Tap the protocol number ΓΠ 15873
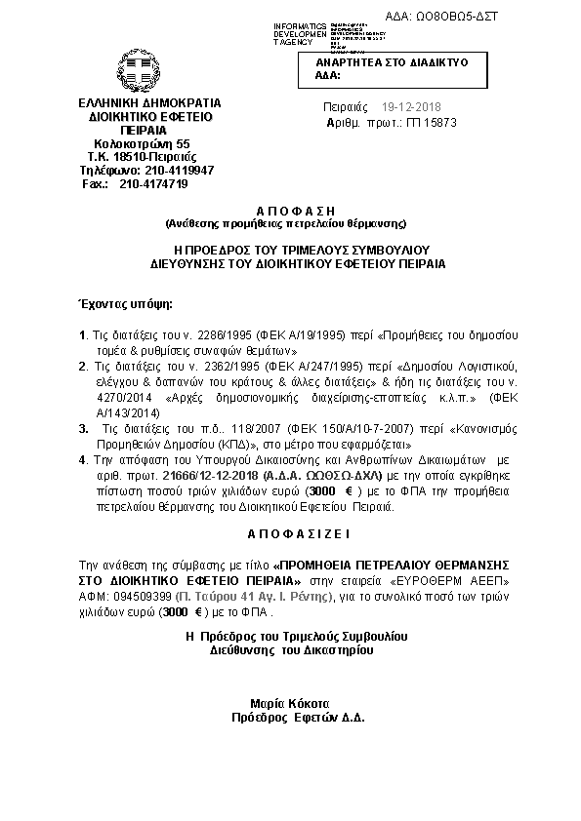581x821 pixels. (422, 124)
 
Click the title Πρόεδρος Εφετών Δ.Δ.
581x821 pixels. (291, 717)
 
